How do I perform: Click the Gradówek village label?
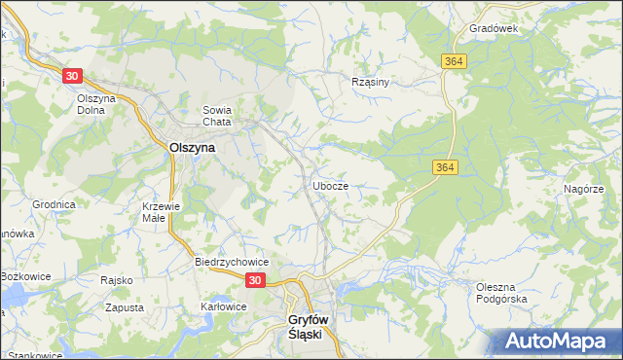point(493,28)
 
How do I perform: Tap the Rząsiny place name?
point(370,82)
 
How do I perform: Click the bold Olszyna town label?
point(192,147)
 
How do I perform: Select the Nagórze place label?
point(584,189)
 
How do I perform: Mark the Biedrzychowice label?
point(232,263)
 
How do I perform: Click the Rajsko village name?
point(116,280)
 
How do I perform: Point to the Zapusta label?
point(124,307)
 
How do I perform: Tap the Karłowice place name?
point(224,306)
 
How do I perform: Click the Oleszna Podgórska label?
point(501,293)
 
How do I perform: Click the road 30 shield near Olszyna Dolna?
point(73,75)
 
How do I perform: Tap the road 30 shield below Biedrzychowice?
point(254,280)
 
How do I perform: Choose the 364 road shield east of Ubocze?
point(444,168)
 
